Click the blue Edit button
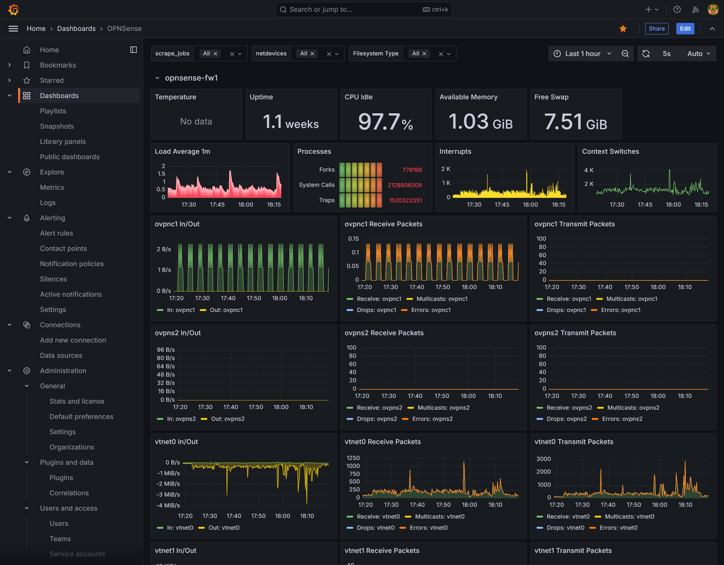tap(685, 29)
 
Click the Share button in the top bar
tap(656, 29)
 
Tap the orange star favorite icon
tap(623, 29)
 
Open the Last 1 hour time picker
tap(583, 54)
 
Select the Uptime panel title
tap(261, 97)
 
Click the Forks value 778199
tap(412, 170)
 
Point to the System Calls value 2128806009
tap(405, 185)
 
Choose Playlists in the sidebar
tap(53, 111)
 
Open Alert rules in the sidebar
tap(56, 233)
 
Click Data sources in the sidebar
tap(61, 355)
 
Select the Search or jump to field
tap(364, 10)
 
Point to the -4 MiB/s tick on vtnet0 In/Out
tap(168, 505)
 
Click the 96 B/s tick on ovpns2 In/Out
tap(166, 350)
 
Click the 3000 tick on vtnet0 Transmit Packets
tap(543, 459)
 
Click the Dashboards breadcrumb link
tap(76, 29)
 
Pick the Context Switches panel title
tap(610, 151)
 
